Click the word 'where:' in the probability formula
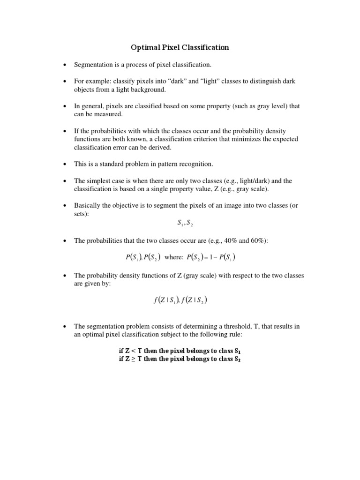[174, 257]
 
